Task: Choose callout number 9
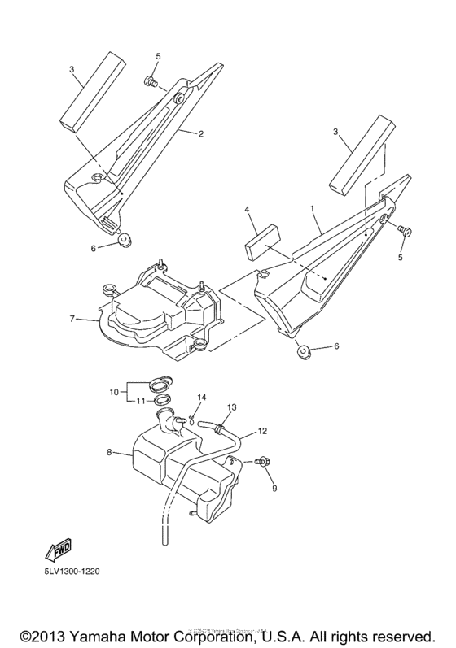pos(274,488)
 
